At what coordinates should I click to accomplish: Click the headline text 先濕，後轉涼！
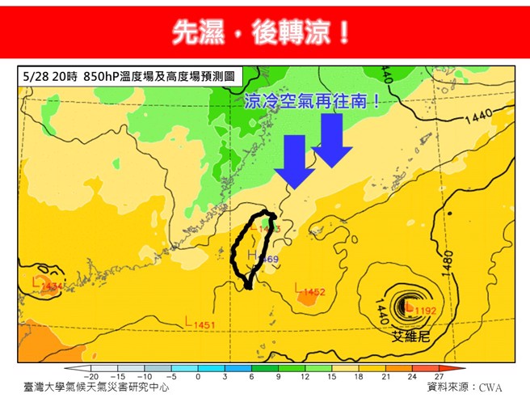[263, 32]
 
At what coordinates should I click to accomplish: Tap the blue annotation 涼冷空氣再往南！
[312, 102]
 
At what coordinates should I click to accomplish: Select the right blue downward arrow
[331, 140]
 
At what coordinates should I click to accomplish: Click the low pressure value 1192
[426, 310]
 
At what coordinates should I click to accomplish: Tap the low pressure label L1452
[310, 291]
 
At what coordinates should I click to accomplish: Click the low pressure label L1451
[200, 325]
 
